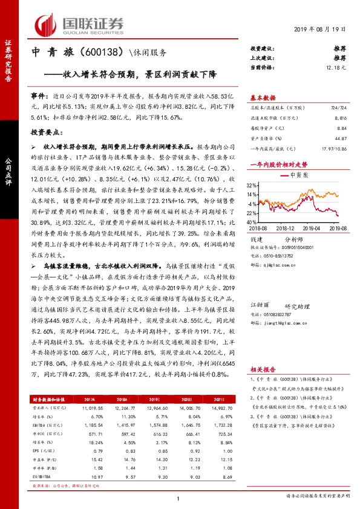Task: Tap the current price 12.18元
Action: tap(336, 67)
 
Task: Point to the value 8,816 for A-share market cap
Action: tap(339, 119)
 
